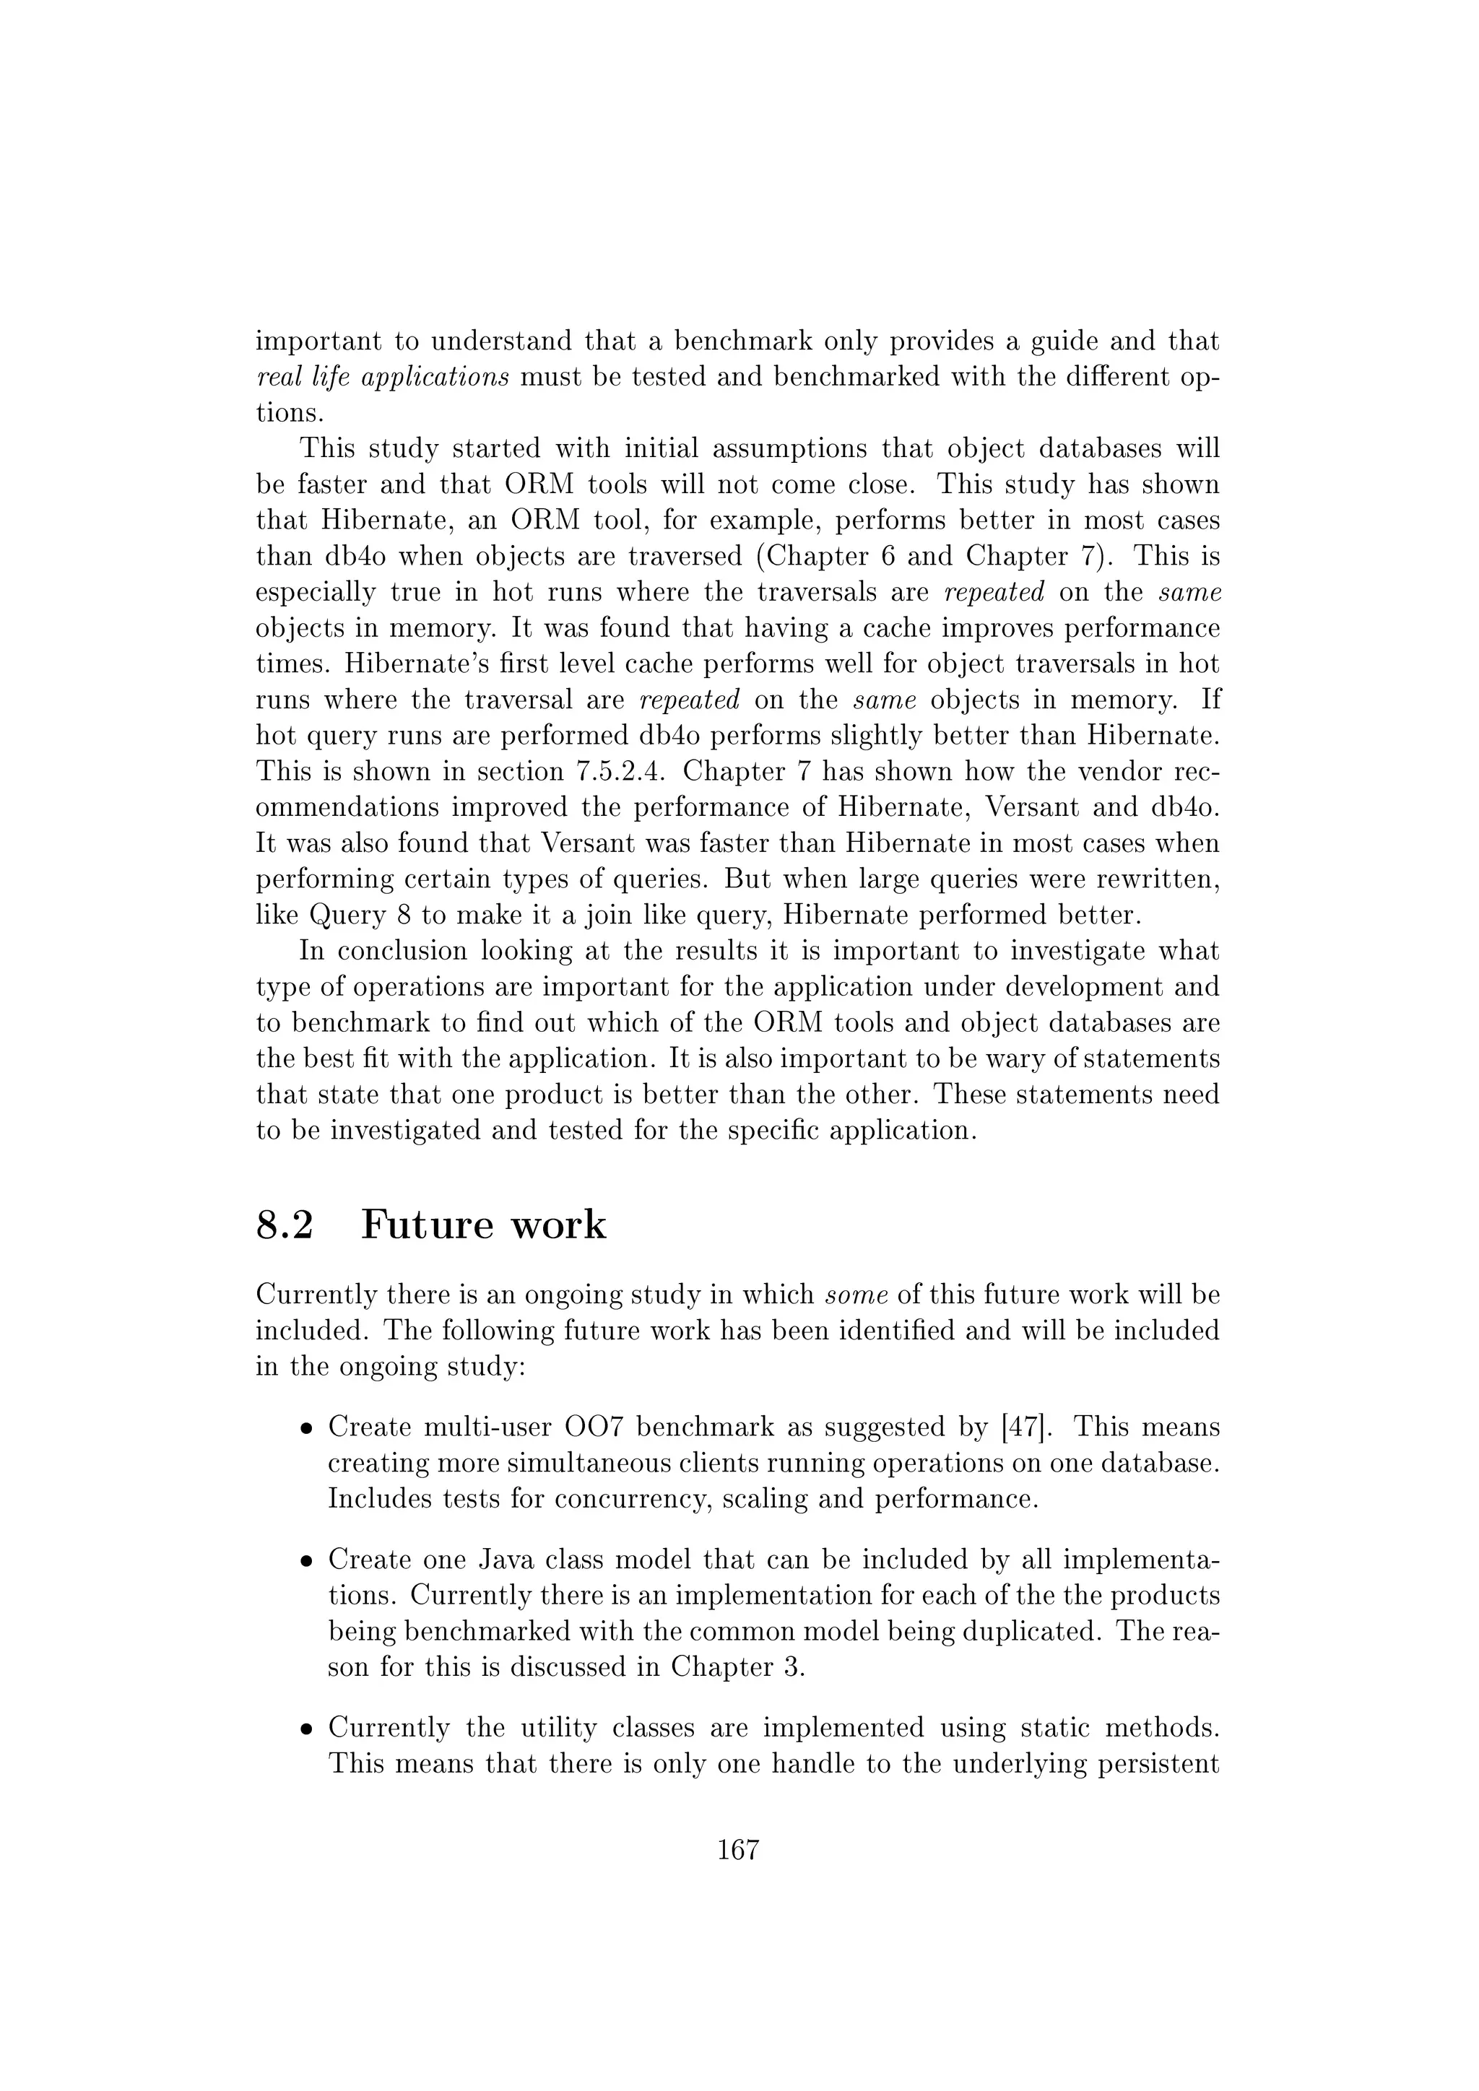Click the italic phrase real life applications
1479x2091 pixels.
[x=383, y=377]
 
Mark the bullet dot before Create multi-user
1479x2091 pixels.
[x=307, y=1428]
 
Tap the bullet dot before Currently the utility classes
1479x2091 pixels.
[x=307, y=1729]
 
